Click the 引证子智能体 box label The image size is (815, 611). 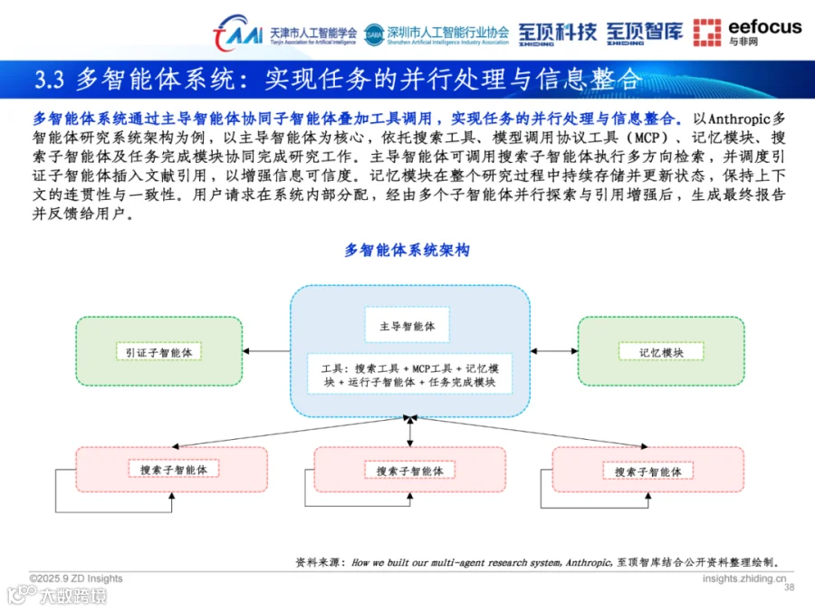point(158,352)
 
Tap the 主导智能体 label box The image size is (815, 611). point(407,326)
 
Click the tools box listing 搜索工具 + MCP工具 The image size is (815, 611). point(409,375)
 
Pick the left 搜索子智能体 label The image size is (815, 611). point(173,470)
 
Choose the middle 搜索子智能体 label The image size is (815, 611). point(409,471)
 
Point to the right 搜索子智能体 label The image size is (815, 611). point(647,472)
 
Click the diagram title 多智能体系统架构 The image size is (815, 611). point(407,251)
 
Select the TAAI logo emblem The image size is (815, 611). point(237,34)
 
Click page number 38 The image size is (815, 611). point(788,587)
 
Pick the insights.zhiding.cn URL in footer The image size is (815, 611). point(744,578)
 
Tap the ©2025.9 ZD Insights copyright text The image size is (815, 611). point(76,578)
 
